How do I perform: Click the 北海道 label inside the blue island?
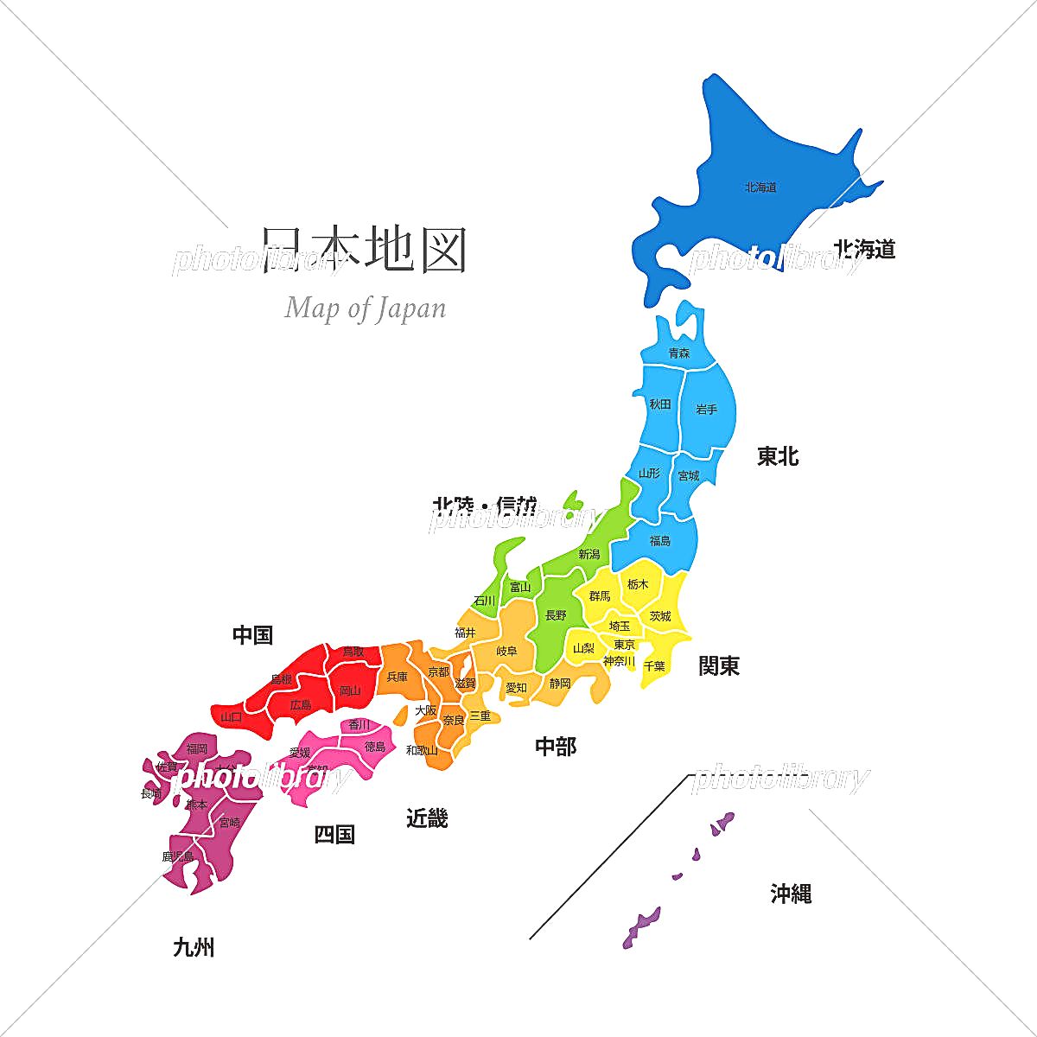click(x=760, y=187)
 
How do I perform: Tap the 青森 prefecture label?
click(x=679, y=353)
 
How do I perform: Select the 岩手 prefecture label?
click(x=706, y=409)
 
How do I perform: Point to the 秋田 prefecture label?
click(x=660, y=404)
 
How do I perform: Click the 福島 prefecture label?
click(x=659, y=540)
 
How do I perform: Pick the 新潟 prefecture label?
click(x=589, y=554)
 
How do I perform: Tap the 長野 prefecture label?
click(x=556, y=615)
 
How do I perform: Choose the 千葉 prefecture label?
click(x=654, y=666)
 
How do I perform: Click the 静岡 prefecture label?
click(x=560, y=683)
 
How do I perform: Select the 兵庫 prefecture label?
click(x=397, y=677)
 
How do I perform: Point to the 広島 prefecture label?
click(x=301, y=704)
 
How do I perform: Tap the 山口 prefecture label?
click(x=232, y=716)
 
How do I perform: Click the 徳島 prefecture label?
click(x=375, y=746)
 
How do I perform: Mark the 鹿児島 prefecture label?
click(x=177, y=856)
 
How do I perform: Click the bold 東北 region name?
click(x=778, y=456)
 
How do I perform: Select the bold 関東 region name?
click(x=719, y=665)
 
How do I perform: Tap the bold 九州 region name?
click(x=194, y=947)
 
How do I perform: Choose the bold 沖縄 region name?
click(x=791, y=894)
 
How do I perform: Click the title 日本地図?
click(x=364, y=251)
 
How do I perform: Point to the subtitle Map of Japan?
click(x=365, y=308)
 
